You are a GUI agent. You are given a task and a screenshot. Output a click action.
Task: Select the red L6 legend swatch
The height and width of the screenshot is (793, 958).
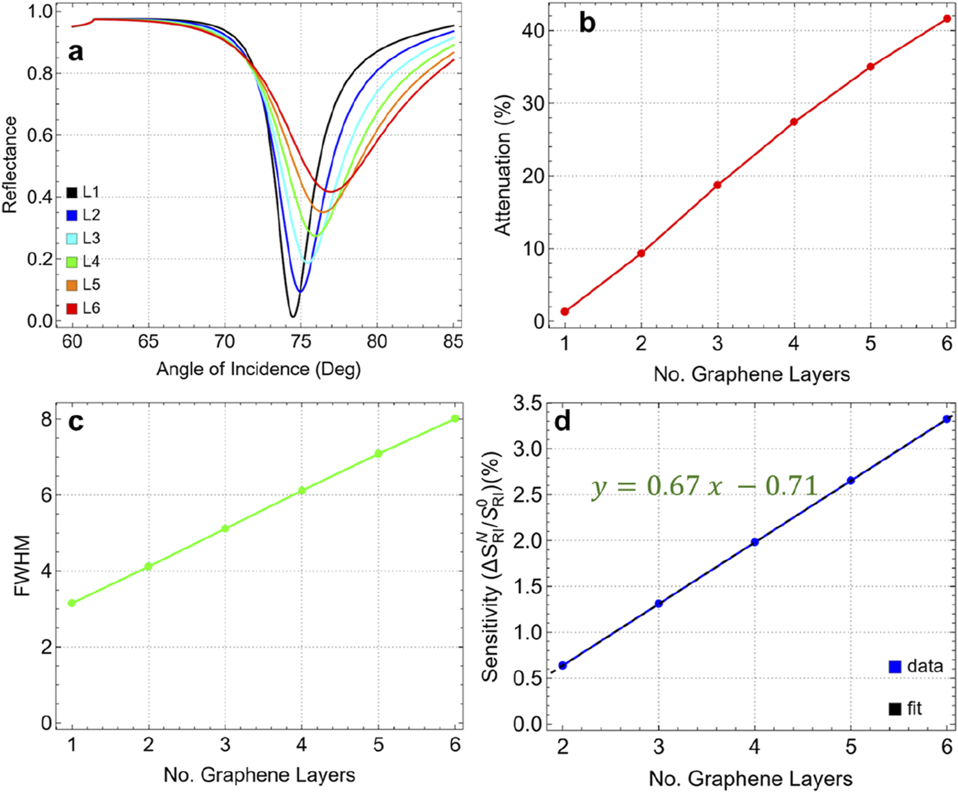coord(72,309)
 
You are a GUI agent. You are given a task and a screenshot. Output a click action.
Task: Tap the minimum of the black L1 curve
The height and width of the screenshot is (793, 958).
coord(292,315)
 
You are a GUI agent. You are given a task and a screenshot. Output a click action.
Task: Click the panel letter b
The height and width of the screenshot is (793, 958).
coord(587,23)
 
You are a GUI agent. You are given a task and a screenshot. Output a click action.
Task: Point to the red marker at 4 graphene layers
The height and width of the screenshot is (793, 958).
coord(794,122)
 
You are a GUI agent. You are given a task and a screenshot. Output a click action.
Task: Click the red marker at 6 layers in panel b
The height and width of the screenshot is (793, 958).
coord(947,19)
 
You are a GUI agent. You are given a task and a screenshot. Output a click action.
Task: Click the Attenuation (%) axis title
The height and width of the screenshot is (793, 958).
coord(503,165)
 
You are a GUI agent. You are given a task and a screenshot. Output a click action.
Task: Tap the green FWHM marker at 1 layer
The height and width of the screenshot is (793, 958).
coord(72,603)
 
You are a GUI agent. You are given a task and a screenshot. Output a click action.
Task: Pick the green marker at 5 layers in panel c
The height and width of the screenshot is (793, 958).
coord(378,453)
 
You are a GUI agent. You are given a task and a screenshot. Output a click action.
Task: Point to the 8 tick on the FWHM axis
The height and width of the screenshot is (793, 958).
coord(47,419)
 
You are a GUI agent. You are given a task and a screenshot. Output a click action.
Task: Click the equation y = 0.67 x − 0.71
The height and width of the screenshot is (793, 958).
coord(705,486)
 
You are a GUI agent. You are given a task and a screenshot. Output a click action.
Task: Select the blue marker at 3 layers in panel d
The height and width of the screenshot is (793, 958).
coord(659,603)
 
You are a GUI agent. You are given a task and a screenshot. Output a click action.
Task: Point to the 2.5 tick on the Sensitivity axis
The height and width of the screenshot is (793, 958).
coord(527,495)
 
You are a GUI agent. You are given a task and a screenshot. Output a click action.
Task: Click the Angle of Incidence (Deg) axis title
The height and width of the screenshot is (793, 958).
coord(259,369)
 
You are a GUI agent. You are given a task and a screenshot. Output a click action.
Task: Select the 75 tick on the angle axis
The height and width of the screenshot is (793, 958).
coord(301,341)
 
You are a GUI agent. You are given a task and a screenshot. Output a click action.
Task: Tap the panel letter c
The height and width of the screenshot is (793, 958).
coord(76,422)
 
